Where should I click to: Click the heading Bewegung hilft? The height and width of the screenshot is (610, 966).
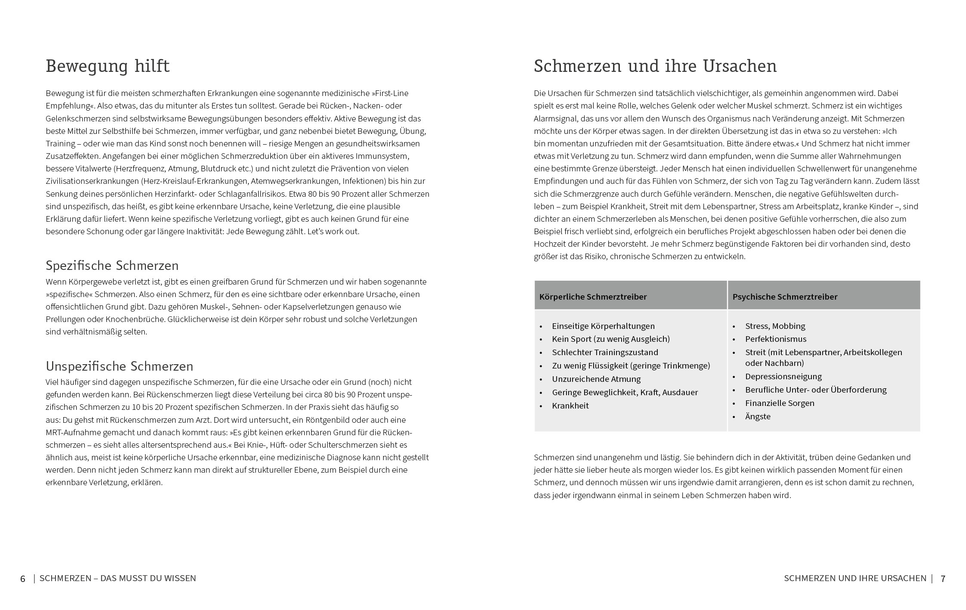click(108, 66)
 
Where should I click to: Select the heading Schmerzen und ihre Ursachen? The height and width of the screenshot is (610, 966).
click(655, 66)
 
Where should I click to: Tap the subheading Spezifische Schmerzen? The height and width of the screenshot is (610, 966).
click(112, 265)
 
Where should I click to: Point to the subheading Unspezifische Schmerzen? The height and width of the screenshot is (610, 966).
click(119, 366)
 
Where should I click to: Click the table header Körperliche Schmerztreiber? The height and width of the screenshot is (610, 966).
click(593, 297)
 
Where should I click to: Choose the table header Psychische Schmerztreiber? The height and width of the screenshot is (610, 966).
click(785, 297)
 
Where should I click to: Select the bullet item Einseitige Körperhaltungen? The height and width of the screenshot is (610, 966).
click(603, 326)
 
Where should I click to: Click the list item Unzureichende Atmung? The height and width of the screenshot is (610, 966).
click(596, 379)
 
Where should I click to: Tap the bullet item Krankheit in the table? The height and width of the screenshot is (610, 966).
click(570, 406)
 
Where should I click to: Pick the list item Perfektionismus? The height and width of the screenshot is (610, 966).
click(776, 339)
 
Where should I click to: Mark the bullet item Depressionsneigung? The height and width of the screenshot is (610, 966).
click(783, 376)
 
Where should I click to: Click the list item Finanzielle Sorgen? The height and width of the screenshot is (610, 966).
click(780, 403)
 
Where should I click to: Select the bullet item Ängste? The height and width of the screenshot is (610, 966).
click(758, 416)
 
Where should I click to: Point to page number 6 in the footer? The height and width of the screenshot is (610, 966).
click(23, 579)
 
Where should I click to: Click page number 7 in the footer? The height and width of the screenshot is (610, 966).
click(943, 579)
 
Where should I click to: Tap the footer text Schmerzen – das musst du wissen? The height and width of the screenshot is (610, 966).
click(118, 578)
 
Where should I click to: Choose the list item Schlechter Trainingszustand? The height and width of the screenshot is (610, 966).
click(605, 352)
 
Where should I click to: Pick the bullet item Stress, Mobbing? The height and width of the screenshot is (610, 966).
click(775, 326)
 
